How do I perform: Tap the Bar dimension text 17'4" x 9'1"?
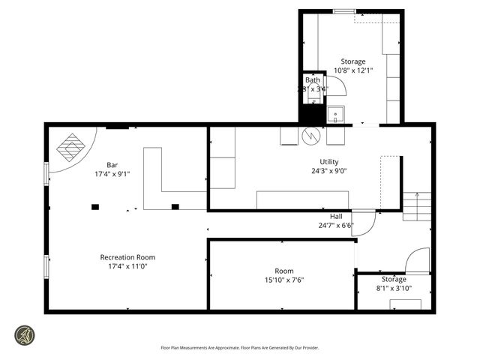coord(112,174)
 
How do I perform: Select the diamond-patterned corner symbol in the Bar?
coord(73,148)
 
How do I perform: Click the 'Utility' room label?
coord(329,161)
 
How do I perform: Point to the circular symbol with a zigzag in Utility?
coord(310,136)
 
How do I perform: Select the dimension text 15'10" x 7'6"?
coord(284,280)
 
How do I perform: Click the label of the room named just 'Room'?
coord(284,271)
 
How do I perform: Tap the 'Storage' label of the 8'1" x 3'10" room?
coord(393,279)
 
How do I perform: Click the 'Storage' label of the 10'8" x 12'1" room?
coord(353,61)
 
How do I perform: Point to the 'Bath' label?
coord(312,80)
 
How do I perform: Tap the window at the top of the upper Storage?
coord(344,11)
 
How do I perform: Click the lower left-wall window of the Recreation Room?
coord(46,265)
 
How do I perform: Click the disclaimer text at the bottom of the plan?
coord(239,347)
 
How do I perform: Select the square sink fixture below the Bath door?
coord(335,115)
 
